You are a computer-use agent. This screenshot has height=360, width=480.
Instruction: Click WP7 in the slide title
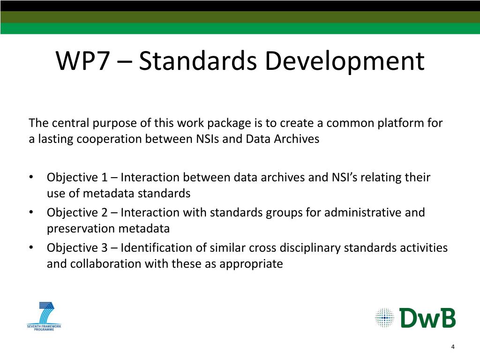point(82,60)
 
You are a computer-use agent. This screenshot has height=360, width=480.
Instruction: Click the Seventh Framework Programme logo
point(44,316)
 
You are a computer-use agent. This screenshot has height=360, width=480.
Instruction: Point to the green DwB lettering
point(427,318)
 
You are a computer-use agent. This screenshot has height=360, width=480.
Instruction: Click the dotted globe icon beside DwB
point(384,318)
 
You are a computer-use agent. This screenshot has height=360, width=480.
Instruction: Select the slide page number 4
point(453,347)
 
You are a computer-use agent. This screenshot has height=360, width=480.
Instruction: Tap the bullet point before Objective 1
point(31,177)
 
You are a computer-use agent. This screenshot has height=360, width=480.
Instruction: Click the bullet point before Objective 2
point(31,212)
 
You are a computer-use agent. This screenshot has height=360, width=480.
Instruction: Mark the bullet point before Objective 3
point(31,247)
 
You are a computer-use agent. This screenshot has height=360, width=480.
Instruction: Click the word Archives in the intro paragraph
point(297,139)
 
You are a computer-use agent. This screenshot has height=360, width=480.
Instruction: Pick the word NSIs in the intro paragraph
point(207,139)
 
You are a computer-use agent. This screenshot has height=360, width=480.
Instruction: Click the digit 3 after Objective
point(105,247)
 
